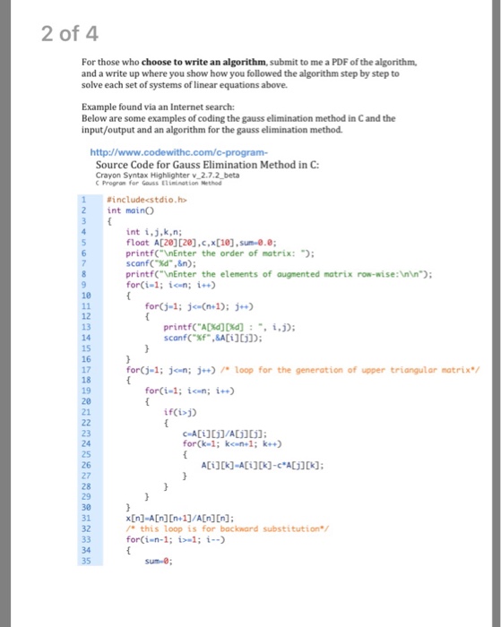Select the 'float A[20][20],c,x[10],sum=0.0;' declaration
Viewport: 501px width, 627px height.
pyautogui.click(x=198, y=242)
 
